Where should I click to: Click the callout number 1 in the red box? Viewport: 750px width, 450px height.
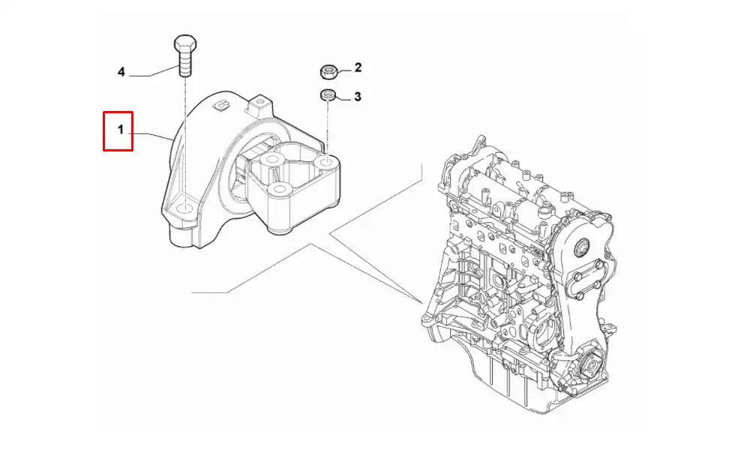pos(119,130)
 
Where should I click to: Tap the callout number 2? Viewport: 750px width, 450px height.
pos(358,67)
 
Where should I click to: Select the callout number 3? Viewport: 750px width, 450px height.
pos(358,96)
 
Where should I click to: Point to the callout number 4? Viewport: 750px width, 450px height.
pos(121,72)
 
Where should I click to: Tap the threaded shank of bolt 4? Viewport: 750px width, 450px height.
pos(184,61)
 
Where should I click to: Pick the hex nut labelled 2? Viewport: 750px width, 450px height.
pos(327,72)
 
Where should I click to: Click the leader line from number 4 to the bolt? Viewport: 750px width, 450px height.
pos(154,73)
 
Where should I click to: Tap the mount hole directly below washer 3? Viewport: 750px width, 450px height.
pos(326,160)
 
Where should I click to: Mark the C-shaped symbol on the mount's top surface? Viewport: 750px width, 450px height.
pos(221,105)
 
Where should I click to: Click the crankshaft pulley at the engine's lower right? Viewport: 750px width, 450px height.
pos(589,367)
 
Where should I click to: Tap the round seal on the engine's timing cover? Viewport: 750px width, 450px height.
pos(582,250)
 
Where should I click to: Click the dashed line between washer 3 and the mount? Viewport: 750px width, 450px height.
pos(327,127)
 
